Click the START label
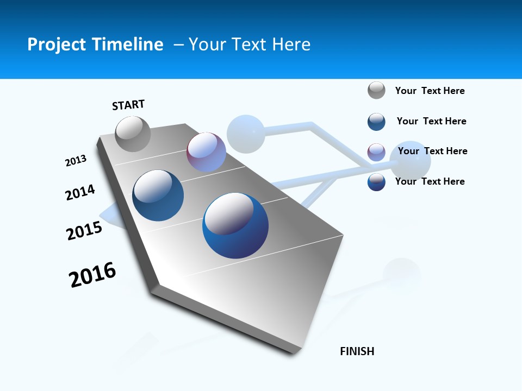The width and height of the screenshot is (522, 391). pyautogui.click(x=128, y=105)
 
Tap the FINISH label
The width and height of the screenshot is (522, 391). pyautogui.click(x=357, y=351)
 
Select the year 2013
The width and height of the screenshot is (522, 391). pyautogui.click(x=76, y=161)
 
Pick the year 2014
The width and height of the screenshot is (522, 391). pyautogui.click(x=80, y=192)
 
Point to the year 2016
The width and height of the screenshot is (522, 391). pyautogui.click(x=92, y=274)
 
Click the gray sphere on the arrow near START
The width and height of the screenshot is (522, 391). pyautogui.click(x=133, y=134)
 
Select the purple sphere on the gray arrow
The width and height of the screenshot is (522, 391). pyautogui.click(x=206, y=152)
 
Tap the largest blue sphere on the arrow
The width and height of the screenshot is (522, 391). pyautogui.click(x=235, y=225)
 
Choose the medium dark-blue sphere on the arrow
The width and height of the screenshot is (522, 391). pyautogui.click(x=158, y=195)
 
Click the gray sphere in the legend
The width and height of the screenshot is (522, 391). pyautogui.click(x=376, y=90)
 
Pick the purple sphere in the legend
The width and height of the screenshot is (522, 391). pyautogui.click(x=376, y=152)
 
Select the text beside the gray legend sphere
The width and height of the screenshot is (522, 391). pyautogui.click(x=430, y=91)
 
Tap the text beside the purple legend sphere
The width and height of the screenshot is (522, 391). pyautogui.click(x=432, y=151)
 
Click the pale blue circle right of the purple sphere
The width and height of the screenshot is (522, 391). pyautogui.click(x=246, y=134)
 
